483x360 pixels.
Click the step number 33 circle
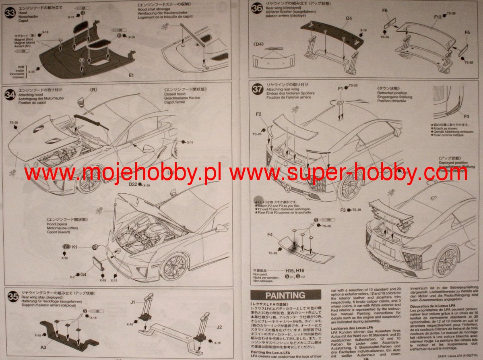pyautogui.click(x=10, y=12)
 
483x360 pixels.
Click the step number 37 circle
pyautogui.click(x=257, y=89)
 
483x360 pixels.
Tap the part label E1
pyautogui.click(x=131, y=74)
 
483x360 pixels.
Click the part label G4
pyautogui.click(x=84, y=275)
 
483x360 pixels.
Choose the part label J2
pyautogui.click(x=219, y=327)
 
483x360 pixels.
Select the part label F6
pyautogui.click(x=385, y=10)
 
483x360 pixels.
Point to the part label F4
pyautogui.click(x=270, y=234)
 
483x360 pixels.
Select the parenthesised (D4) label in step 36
pyautogui.click(x=260, y=44)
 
